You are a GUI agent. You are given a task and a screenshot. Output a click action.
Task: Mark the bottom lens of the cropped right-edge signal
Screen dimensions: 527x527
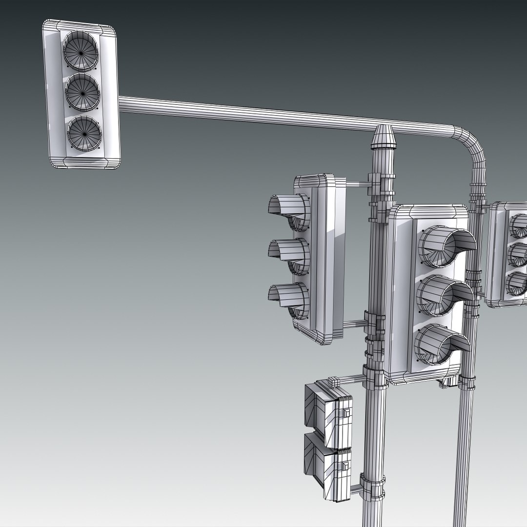(x=518, y=283)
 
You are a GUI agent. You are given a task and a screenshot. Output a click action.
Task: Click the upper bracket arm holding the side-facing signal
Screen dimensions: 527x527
(x=356, y=184)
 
